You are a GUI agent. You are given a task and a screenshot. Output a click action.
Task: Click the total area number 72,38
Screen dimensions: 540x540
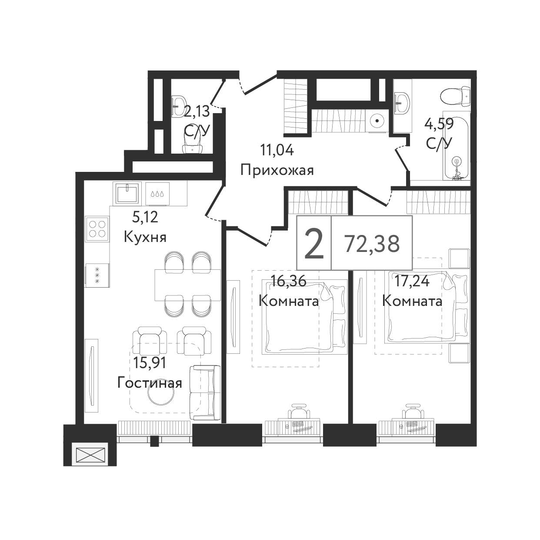372,244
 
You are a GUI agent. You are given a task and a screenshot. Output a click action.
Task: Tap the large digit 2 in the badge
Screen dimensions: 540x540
314,244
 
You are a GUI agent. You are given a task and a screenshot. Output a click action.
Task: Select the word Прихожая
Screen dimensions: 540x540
277,170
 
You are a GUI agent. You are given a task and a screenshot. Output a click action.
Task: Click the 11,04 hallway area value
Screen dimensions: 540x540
277,150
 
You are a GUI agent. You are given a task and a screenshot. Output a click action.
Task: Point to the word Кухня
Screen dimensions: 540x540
145,238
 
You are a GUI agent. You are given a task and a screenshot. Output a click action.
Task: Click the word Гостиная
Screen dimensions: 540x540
150,383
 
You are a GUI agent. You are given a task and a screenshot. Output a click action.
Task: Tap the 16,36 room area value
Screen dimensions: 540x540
289,282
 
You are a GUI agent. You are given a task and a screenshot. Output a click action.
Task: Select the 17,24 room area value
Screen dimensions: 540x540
412,282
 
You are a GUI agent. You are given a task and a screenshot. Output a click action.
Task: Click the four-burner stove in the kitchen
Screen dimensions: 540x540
97,229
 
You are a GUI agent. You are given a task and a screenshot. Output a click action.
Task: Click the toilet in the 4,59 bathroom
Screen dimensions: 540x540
455,97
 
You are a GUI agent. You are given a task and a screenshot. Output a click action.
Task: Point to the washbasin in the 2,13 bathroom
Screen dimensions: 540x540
179,106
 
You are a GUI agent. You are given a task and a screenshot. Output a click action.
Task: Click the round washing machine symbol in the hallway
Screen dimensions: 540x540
377,121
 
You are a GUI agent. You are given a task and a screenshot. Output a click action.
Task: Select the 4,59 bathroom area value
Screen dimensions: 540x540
439,124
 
